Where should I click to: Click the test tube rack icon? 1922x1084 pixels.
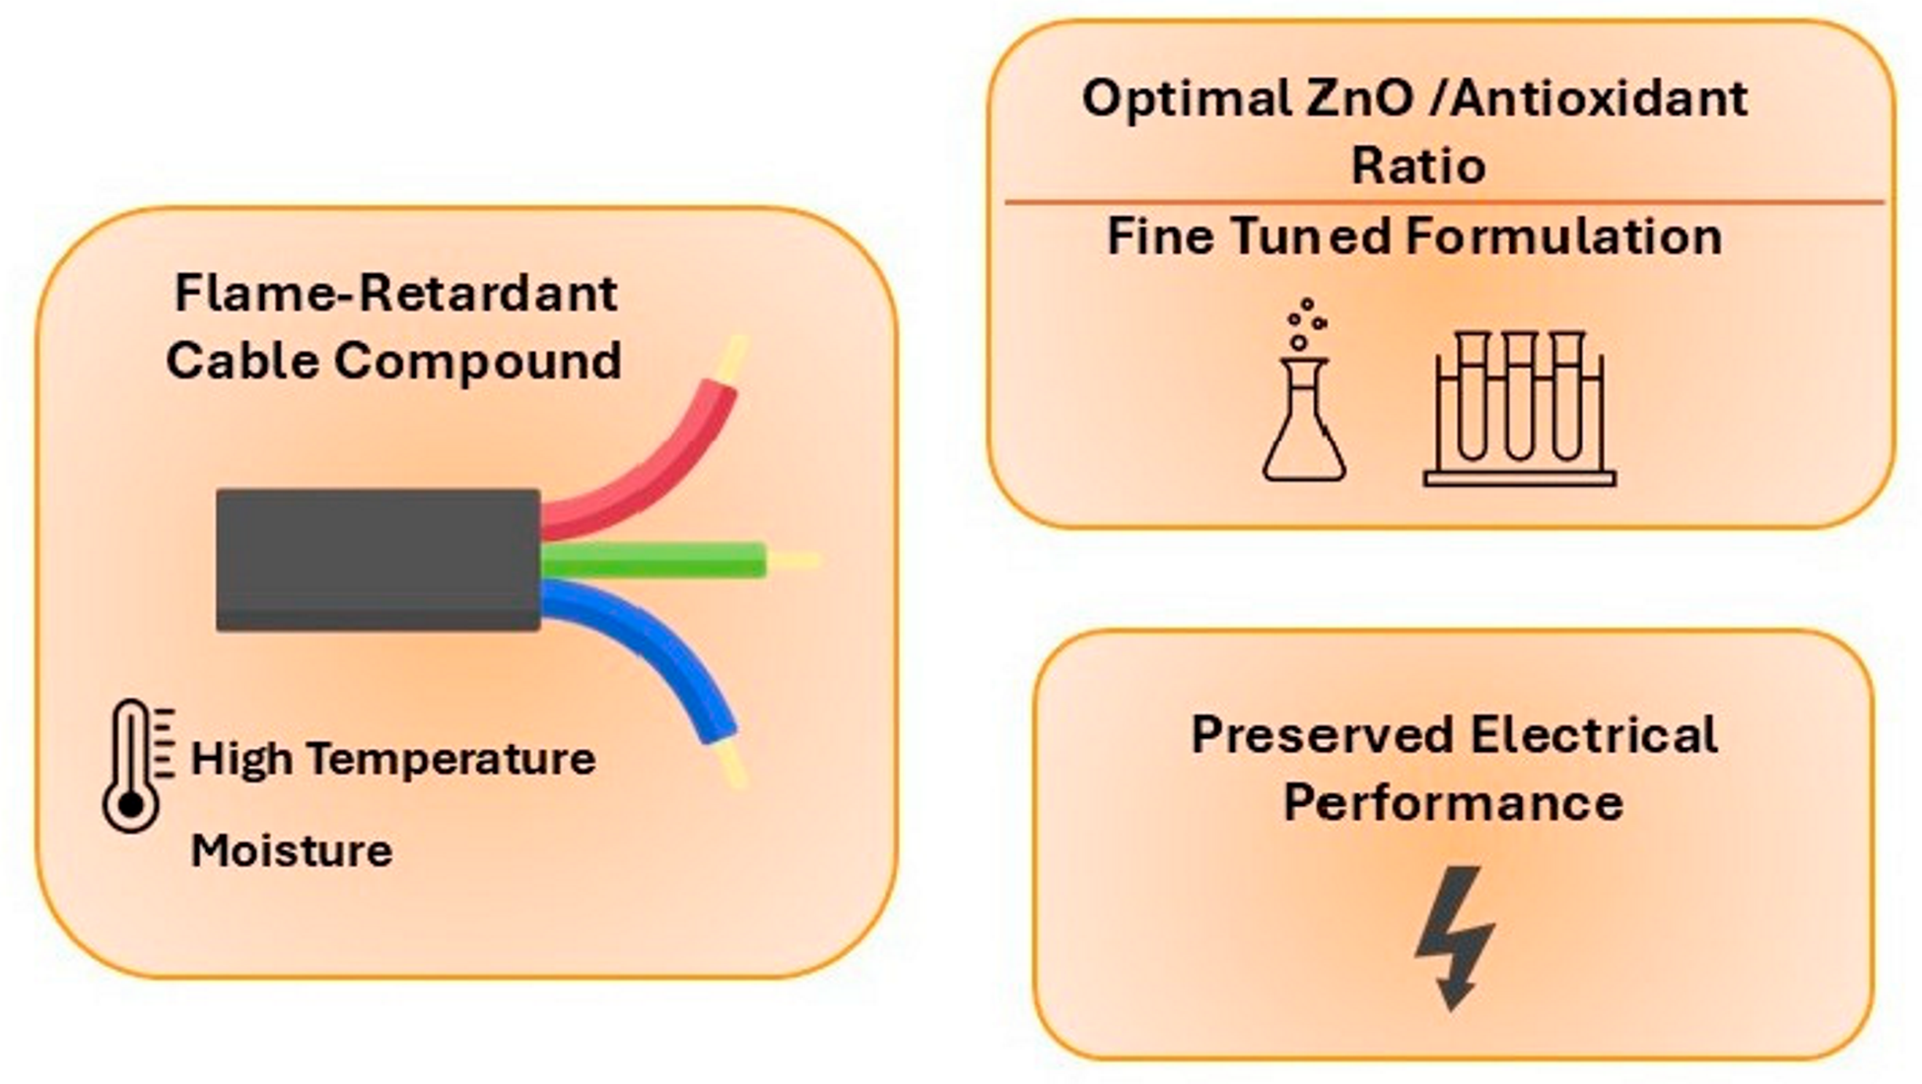coord(1519,409)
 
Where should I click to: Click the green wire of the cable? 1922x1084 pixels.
coord(652,560)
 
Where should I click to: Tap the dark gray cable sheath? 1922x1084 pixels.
coord(378,560)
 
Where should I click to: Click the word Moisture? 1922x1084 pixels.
coord(291,849)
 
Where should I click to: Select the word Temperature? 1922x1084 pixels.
coord(451,760)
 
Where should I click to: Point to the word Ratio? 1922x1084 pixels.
coord(1418,165)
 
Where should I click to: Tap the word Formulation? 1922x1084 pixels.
coord(1564,237)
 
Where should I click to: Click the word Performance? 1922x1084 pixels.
coord(1453,802)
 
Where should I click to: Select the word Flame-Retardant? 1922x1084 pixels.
coord(396,293)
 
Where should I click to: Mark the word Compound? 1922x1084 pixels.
coord(478,361)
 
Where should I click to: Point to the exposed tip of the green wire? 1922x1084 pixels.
coord(793,561)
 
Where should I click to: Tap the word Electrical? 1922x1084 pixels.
coord(1594,735)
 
